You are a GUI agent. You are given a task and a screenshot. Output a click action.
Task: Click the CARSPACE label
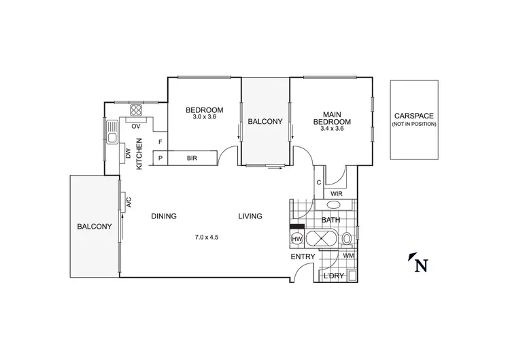click(414, 116)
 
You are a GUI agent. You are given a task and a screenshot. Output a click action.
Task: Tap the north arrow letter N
click(420, 265)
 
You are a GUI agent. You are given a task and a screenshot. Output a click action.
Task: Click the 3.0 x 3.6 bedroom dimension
click(204, 117)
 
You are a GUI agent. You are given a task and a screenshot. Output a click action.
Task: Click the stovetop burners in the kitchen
click(136, 110)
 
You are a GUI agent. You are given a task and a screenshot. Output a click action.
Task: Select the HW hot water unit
click(297, 239)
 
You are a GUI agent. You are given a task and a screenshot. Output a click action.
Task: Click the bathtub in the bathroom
click(320, 239)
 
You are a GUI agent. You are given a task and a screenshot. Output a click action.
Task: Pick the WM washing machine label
click(348, 256)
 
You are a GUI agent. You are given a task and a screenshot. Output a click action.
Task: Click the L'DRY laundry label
click(333, 276)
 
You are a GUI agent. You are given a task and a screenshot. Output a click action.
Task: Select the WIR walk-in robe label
click(336, 194)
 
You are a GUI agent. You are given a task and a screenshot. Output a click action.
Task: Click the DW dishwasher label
click(128, 154)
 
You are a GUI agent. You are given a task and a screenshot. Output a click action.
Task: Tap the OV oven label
click(135, 126)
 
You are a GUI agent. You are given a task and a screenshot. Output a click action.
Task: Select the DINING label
click(164, 216)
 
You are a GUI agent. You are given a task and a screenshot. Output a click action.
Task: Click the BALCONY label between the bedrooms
click(265, 122)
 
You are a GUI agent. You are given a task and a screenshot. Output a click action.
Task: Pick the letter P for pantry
click(160, 158)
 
